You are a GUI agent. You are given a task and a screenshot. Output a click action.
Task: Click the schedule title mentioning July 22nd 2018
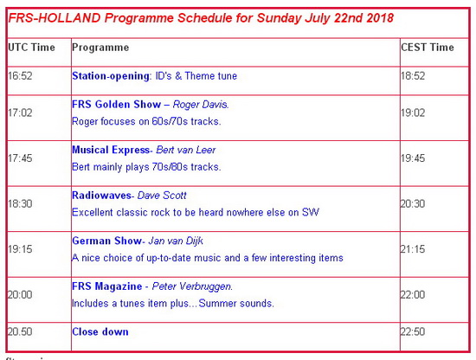[x=201, y=18]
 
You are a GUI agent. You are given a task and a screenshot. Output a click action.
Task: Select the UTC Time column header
[x=31, y=48]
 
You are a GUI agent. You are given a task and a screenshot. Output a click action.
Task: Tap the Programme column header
[x=100, y=48]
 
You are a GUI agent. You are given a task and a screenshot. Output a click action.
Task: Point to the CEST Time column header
[x=428, y=48]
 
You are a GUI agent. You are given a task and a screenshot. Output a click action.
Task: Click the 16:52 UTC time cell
[x=20, y=76]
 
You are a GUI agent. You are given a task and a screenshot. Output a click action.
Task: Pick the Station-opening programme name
[x=111, y=76]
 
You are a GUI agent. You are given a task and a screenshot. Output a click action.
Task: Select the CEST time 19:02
[x=413, y=112]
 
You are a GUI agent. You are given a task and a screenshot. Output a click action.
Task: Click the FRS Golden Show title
[x=116, y=105]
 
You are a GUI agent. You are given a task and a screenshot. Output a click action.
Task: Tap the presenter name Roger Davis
[x=201, y=105]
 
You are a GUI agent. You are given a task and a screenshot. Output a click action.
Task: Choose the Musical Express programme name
[x=111, y=150]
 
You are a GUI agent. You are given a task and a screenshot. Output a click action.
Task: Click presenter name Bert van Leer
[x=186, y=150]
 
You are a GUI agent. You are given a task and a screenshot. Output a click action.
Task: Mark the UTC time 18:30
[x=20, y=203]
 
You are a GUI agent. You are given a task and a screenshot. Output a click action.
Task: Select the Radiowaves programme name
[x=101, y=196]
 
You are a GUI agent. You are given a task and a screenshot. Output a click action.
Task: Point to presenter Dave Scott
[x=162, y=196]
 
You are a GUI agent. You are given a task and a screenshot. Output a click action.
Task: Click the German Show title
[x=106, y=241]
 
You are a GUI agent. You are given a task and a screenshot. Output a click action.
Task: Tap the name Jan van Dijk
[x=176, y=241]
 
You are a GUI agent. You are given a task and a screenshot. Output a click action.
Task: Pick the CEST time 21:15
[x=413, y=249]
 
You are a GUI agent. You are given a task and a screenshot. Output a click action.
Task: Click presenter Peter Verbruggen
[x=192, y=286]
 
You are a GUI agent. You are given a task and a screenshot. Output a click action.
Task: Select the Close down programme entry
[x=100, y=331]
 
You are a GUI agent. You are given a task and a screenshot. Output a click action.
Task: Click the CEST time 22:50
[x=413, y=331]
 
